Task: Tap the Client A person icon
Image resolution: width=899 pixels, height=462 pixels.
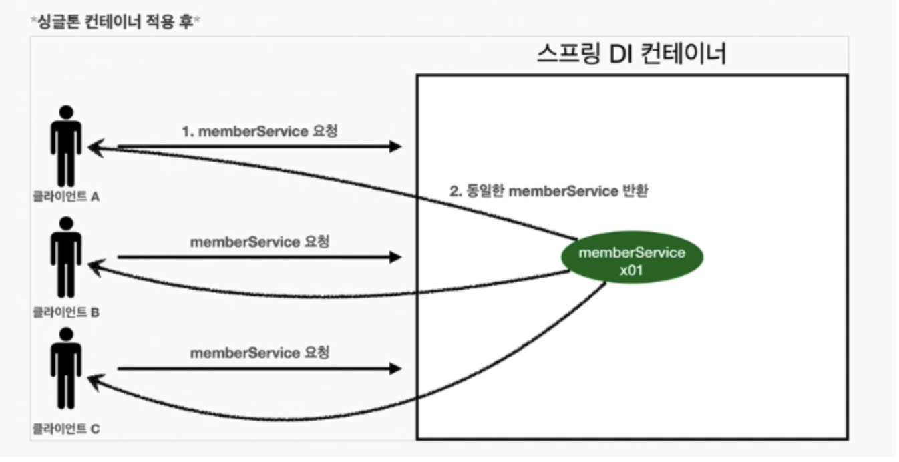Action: [65, 146]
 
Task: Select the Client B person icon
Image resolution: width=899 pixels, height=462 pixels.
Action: [65, 257]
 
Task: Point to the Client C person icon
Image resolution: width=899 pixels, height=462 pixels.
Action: [65, 368]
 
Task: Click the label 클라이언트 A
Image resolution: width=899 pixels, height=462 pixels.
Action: [66, 197]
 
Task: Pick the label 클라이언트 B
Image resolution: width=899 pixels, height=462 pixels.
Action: [66, 312]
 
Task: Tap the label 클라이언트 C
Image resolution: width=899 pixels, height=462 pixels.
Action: [66, 429]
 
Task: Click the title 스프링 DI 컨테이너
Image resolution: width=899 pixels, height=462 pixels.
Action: [631, 54]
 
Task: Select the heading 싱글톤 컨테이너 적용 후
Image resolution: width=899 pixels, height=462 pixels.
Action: [116, 21]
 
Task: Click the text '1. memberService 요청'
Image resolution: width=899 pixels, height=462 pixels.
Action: [260, 131]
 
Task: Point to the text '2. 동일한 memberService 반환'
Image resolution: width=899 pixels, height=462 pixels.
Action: [549, 192]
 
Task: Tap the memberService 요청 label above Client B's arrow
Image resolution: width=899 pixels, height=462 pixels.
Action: [260, 242]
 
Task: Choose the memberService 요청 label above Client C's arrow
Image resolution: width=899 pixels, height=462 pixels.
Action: [260, 353]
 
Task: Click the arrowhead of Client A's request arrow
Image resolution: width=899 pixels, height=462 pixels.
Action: [395, 146]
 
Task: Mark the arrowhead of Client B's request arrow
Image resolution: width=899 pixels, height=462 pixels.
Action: [395, 257]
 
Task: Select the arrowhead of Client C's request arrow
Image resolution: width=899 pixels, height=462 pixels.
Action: [395, 368]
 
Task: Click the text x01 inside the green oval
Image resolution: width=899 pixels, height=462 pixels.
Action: [631, 270]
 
